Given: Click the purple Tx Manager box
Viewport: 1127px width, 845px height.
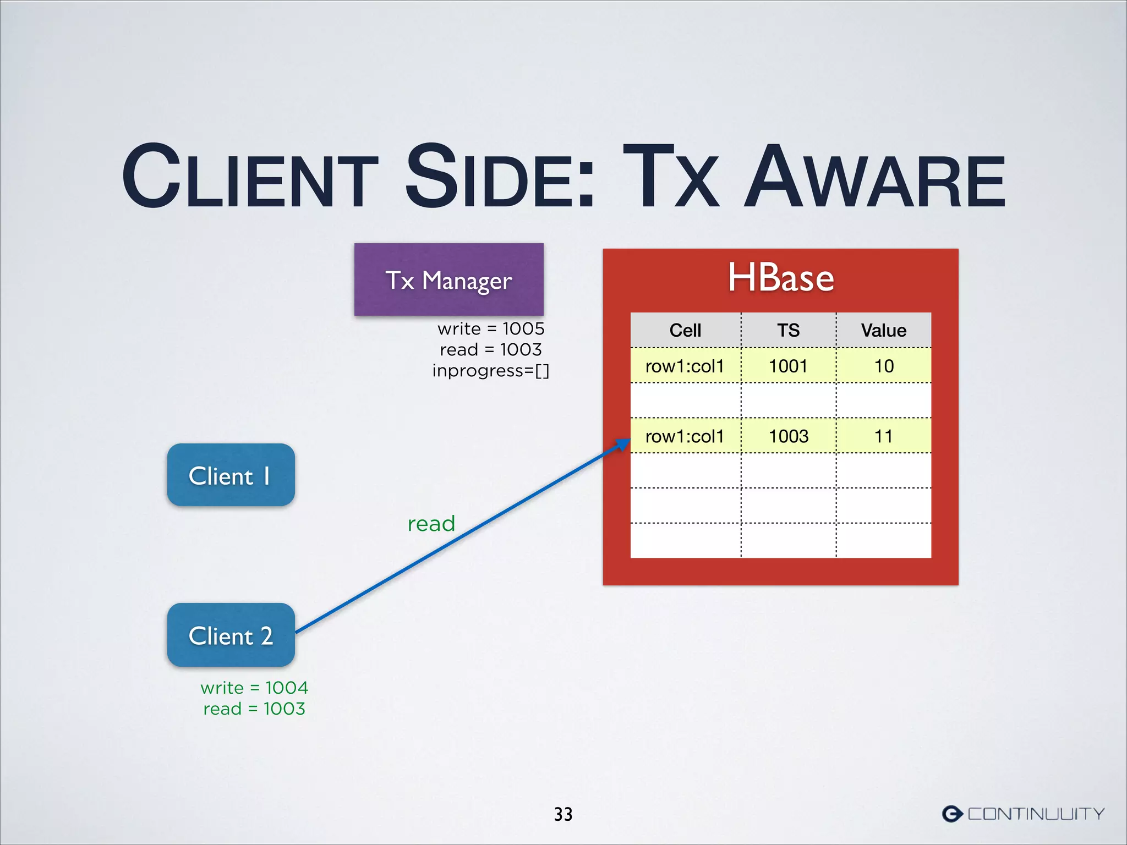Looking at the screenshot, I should [448, 279].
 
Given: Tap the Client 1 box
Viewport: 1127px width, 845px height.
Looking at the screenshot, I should [231, 475].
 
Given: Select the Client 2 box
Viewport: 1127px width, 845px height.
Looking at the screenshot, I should [231, 635].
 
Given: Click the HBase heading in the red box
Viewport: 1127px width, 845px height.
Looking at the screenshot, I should [780, 278].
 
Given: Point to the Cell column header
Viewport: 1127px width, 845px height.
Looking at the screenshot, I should [685, 330].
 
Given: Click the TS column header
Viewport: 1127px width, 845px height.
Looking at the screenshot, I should [788, 330].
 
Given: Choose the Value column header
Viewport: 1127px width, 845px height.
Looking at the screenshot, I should [883, 330].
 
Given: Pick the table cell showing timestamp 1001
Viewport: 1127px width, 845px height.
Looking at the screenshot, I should [788, 366].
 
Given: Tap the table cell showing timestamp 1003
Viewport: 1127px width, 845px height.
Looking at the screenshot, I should [788, 436].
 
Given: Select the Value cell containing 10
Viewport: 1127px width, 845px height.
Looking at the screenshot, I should [884, 366].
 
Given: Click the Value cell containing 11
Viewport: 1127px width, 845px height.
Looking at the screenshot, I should [884, 436].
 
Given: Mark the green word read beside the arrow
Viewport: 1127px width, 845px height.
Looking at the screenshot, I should [431, 524].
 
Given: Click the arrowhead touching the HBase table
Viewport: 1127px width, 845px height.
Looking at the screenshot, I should [623, 443].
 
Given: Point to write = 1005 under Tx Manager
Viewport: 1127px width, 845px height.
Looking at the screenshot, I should [491, 328].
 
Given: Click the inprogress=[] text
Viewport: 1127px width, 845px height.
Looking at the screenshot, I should [491, 371].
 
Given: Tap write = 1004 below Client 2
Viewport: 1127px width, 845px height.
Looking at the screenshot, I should [254, 688].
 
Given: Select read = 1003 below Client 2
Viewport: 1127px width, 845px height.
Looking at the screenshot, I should [254, 709].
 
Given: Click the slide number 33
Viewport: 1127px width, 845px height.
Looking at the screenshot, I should [563, 814].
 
